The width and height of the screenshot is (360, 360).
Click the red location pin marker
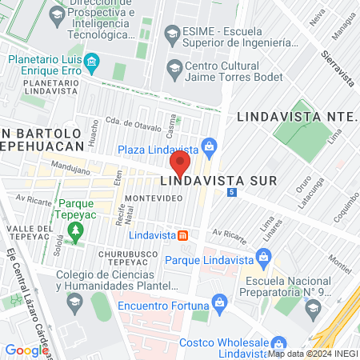click(x=180, y=165)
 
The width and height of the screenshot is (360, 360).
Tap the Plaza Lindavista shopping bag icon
click(x=210, y=146)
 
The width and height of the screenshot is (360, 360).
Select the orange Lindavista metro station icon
click(x=183, y=235)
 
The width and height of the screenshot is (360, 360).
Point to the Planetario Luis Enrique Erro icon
click(x=93, y=61)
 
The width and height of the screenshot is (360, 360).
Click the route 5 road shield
click(x=231, y=193)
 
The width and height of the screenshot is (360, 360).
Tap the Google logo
click(x=26, y=350)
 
